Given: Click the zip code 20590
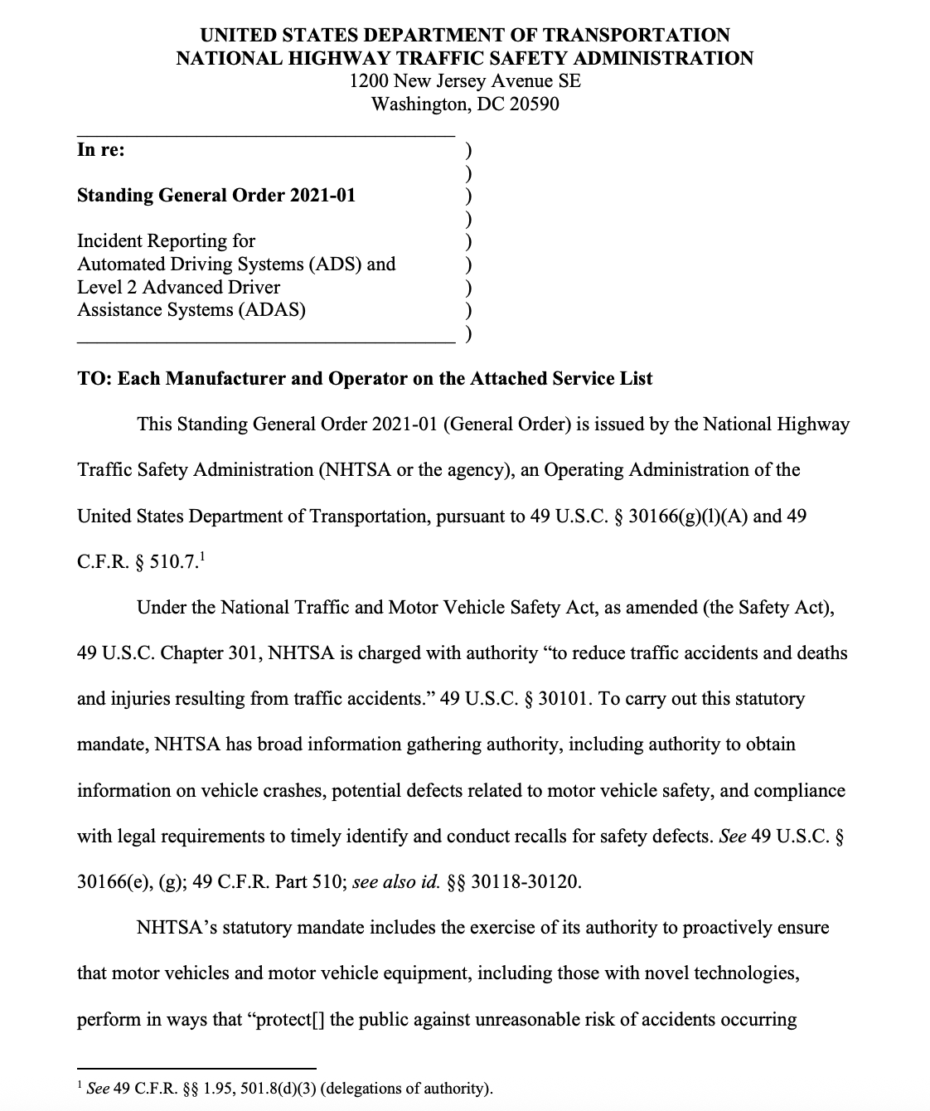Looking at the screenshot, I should point(532,104).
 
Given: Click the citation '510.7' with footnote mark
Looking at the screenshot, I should point(175,562).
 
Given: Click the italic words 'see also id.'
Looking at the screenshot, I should point(395,881).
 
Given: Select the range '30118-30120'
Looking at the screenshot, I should point(524,881).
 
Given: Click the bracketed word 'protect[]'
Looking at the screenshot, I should point(287,1019).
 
